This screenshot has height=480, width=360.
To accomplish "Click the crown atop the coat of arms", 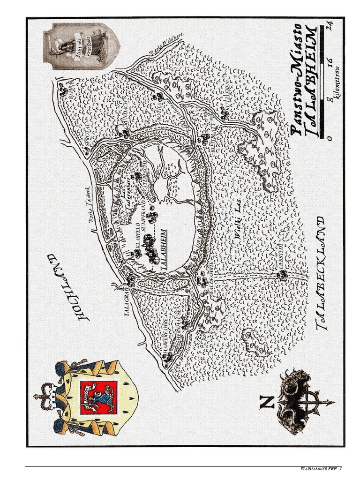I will (x=44, y=395).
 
